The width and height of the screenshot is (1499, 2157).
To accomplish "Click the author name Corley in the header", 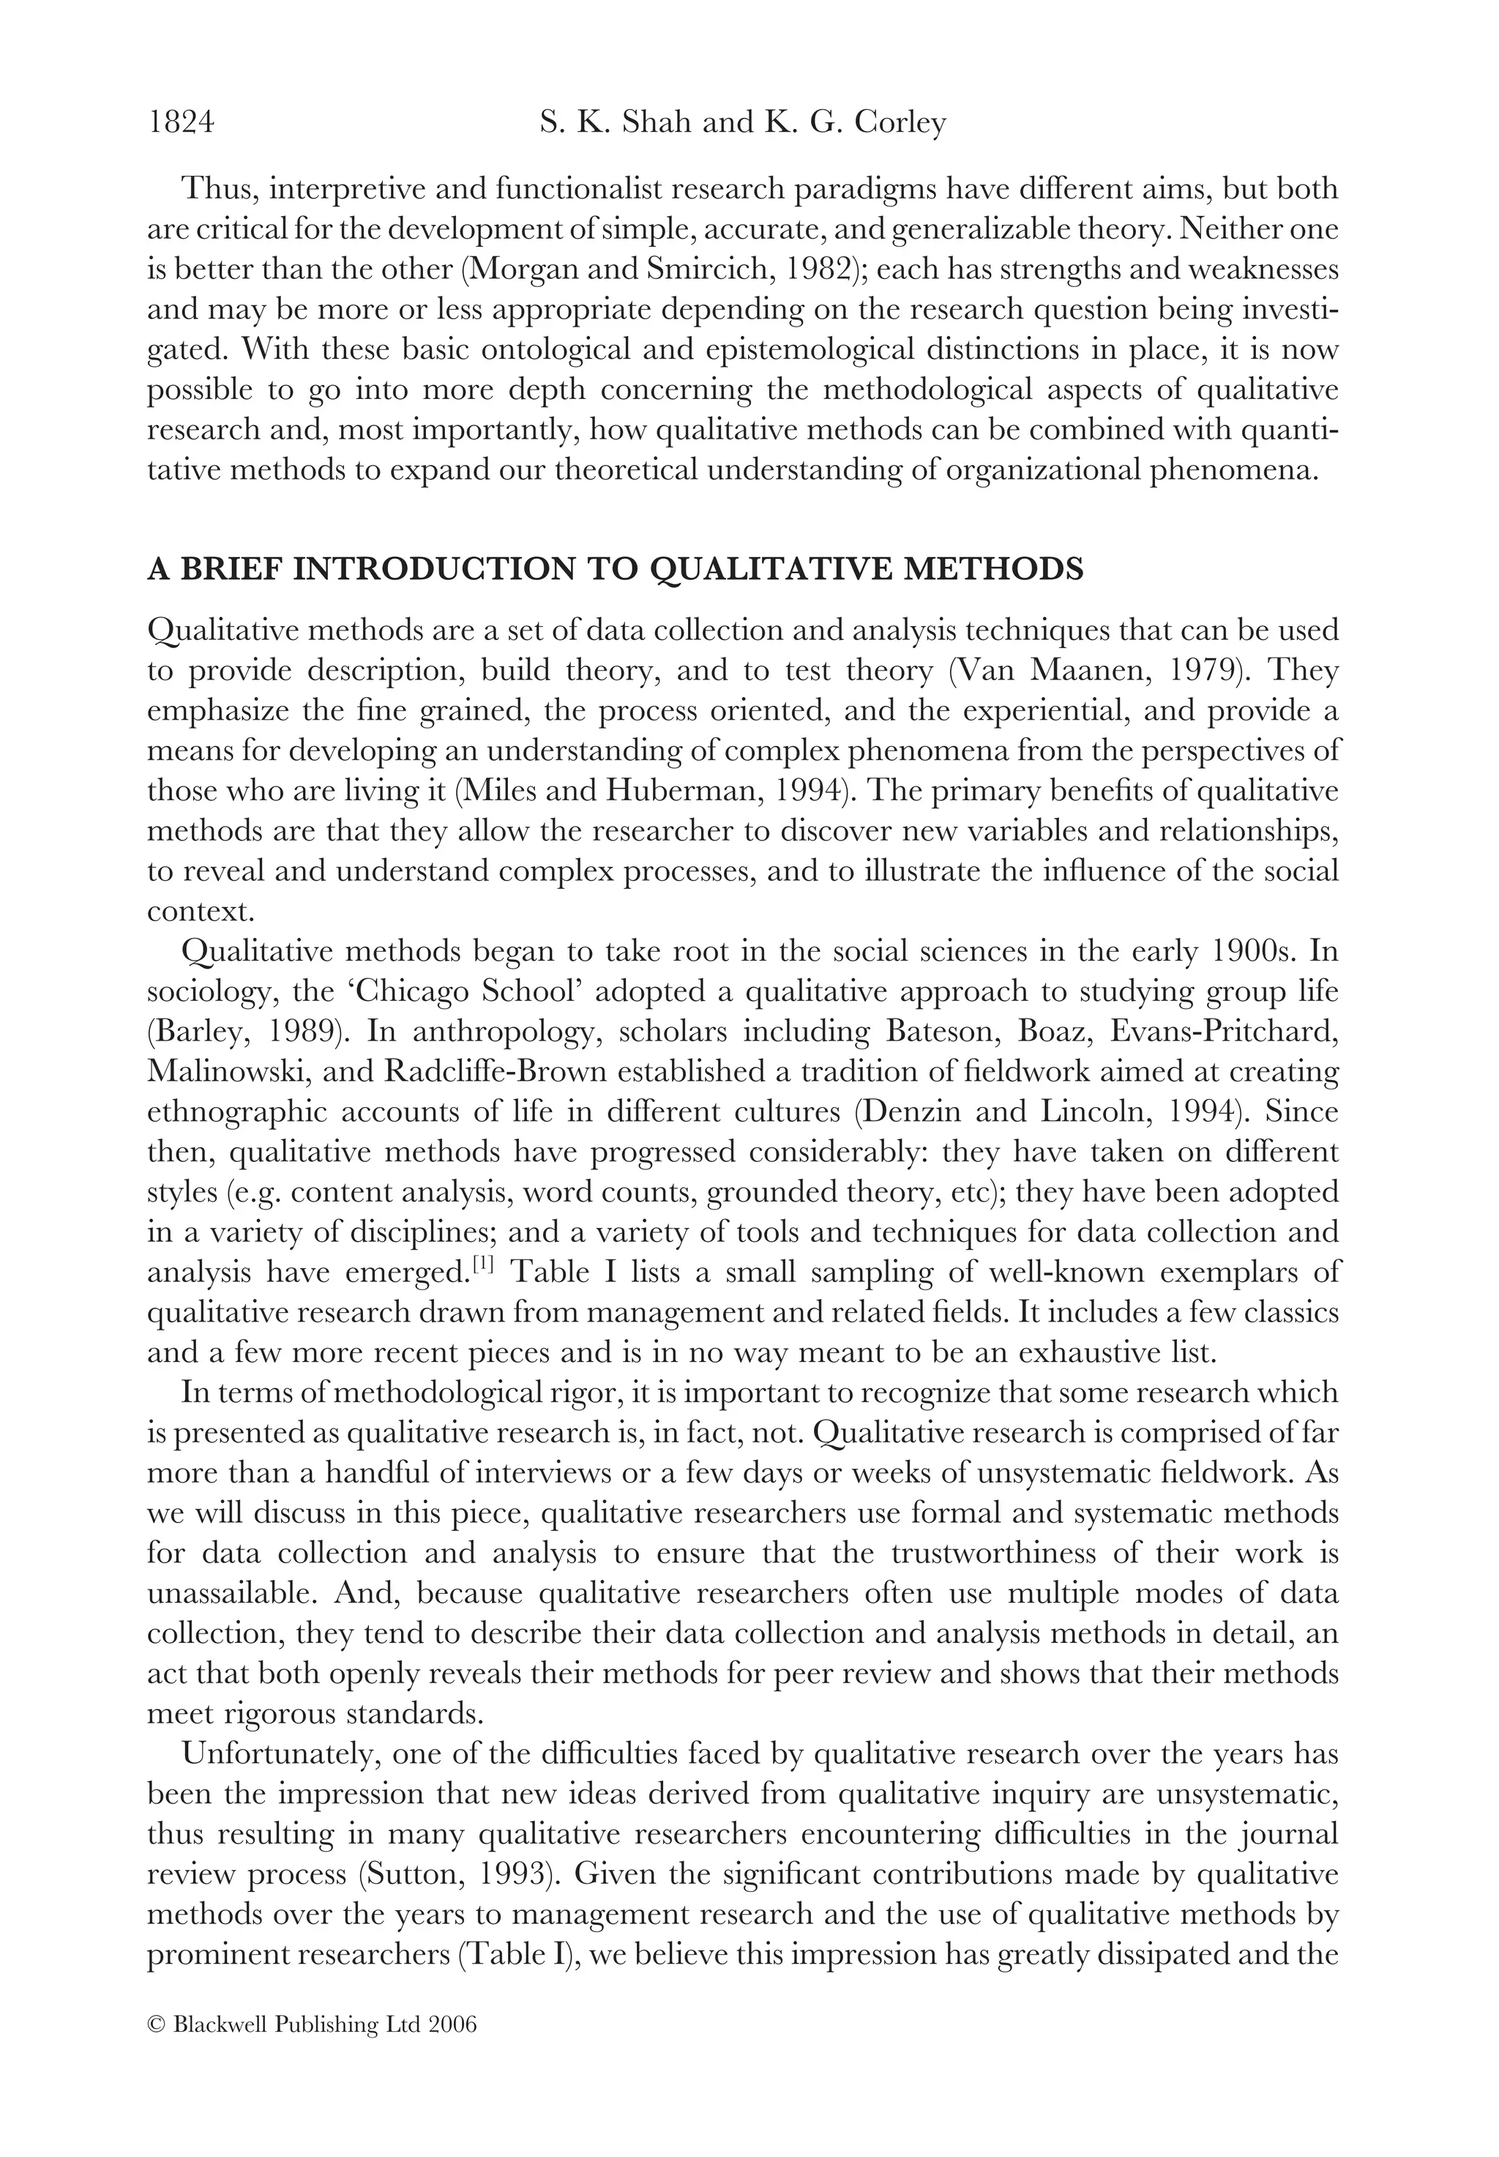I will tap(899, 123).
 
